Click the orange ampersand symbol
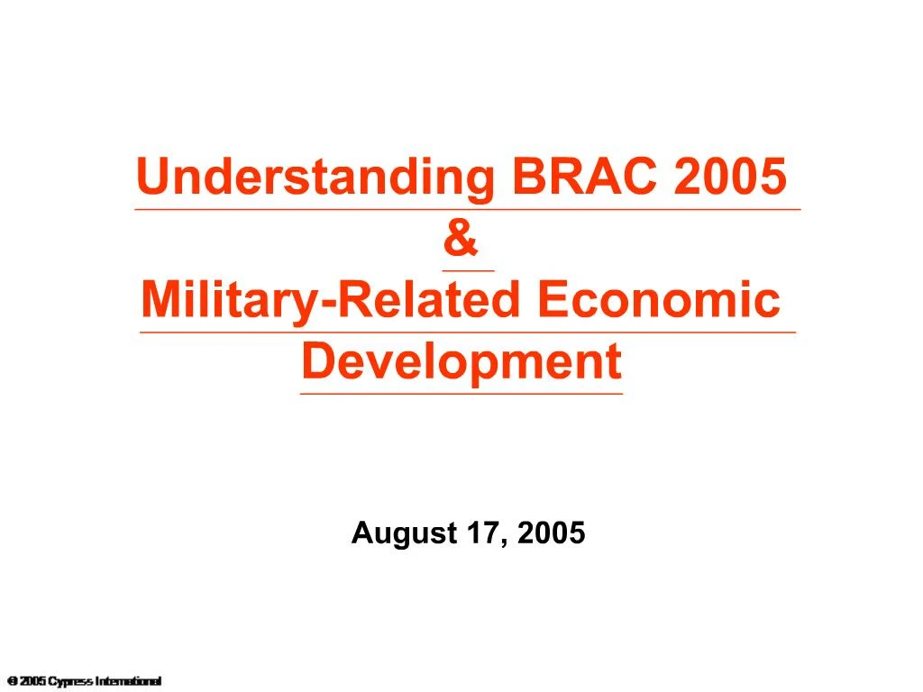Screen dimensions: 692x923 point(461,240)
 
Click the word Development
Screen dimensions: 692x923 point(461,362)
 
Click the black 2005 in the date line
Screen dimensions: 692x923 point(552,533)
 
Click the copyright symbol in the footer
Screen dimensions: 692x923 point(11,680)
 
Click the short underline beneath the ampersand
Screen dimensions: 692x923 point(468,270)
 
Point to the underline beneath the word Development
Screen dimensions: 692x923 point(461,394)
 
